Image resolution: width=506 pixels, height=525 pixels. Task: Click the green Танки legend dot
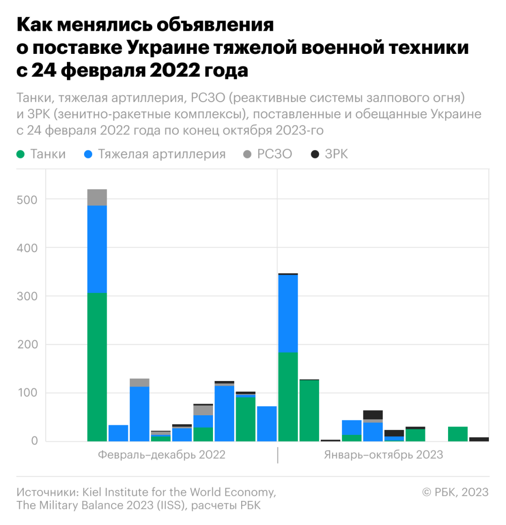point(21,155)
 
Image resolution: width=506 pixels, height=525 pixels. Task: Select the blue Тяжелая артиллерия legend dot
point(88,155)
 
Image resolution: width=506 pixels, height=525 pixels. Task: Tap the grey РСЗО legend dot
point(247,155)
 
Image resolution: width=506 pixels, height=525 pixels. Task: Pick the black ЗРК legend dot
point(315,155)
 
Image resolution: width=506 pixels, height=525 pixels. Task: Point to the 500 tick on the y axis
point(27,200)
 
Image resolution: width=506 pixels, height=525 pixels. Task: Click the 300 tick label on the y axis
point(27,296)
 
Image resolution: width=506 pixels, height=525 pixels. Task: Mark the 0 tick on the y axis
point(35,440)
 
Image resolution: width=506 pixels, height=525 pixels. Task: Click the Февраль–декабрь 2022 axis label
point(162,455)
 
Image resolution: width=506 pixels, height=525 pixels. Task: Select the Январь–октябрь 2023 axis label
point(384,455)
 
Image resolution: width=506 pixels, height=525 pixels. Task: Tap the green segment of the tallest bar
point(97,367)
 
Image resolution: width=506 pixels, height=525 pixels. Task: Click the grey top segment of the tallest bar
point(97,197)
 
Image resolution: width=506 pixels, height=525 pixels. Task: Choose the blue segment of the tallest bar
point(97,250)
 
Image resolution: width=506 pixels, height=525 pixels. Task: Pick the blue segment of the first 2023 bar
point(288,314)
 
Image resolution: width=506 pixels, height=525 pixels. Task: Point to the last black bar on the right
point(479,439)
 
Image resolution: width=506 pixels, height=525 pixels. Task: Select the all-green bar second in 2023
point(309,411)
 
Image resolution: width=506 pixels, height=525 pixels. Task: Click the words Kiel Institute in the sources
point(115,492)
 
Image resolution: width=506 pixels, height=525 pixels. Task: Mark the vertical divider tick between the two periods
point(277,455)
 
